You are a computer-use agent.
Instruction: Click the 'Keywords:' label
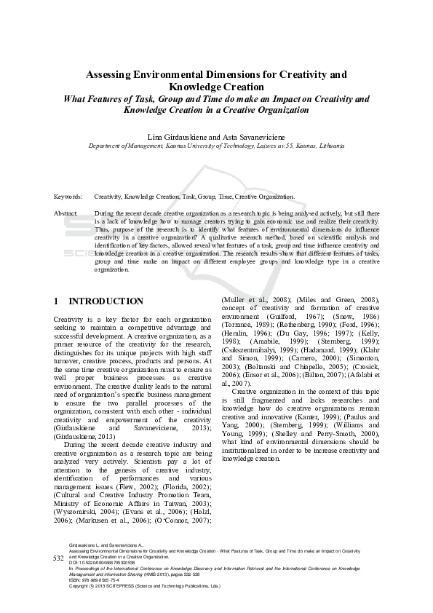coord(68,197)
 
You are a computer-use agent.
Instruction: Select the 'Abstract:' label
coord(66,213)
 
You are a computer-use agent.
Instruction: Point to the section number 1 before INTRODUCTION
coord(57,301)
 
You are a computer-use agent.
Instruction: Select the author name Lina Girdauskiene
coord(176,137)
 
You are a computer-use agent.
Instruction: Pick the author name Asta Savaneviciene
coord(254,137)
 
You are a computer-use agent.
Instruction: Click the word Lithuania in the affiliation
coord(329,146)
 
